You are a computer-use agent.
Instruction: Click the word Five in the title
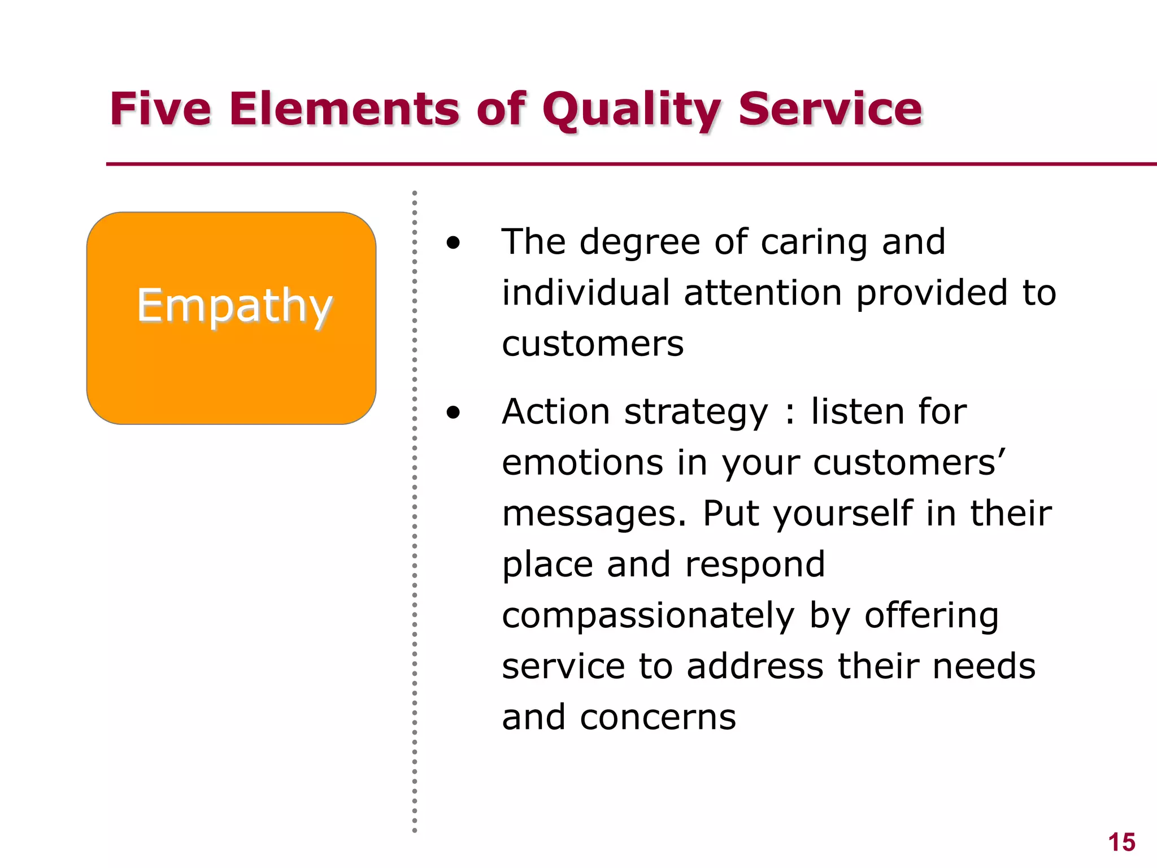coord(160,108)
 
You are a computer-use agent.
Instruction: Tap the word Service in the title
coord(830,108)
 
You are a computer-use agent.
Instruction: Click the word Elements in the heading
coord(344,108)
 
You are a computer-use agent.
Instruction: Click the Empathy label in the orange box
coord(234,306)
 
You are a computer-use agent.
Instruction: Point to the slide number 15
coord(1121,843)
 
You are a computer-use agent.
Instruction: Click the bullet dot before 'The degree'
coord(453,244)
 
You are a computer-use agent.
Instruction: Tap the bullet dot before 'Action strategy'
coord(453,413)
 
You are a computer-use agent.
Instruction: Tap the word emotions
coord(582,463)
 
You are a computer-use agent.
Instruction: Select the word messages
coord(594,514)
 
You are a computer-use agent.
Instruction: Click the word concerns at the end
coord(658,718)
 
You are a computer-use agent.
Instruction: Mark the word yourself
coord(842,514)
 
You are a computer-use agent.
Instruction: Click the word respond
coord(755,565)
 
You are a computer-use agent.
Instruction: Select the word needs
coord(984,667)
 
